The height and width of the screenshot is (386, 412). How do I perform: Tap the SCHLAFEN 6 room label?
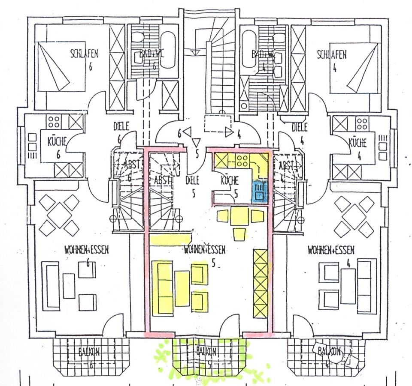[85, 54]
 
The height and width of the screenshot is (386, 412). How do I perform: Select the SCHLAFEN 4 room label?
[331, 55]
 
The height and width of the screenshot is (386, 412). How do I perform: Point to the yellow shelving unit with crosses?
[260, 284]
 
